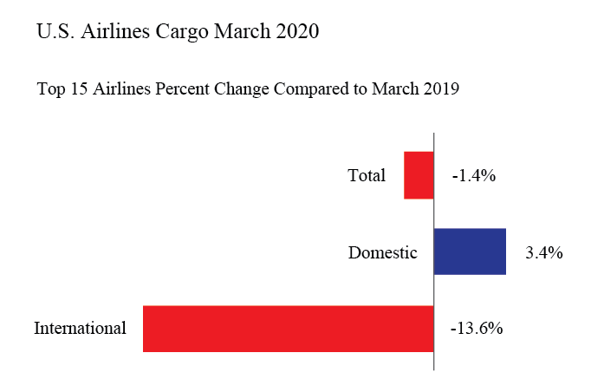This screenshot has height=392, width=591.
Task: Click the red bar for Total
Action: [419, 175]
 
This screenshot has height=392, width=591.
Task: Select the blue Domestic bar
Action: [470, 252]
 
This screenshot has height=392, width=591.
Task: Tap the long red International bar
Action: [288, 329]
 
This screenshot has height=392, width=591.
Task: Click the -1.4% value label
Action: [473, 176]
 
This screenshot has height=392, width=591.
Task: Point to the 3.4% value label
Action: [544, 253]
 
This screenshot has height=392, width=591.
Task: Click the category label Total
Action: [367, 176]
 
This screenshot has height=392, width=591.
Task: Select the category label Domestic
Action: [383, 253]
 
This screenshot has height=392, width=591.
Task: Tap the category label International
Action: [80, 329]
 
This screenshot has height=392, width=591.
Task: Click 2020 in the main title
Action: [296, 33]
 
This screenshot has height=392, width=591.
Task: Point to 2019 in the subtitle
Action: [439, 89]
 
